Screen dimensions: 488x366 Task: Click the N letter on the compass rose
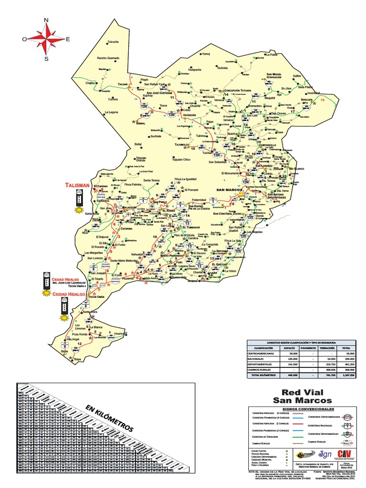(x=47, y=20)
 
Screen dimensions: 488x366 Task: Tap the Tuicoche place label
(x=112, y=42)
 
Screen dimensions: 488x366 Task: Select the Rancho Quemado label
(x=108, y=58)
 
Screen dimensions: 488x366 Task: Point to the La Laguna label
(x=111, y=112)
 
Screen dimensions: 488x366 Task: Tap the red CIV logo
(x=345, y=454)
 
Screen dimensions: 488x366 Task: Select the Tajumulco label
(x=182, y=144)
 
